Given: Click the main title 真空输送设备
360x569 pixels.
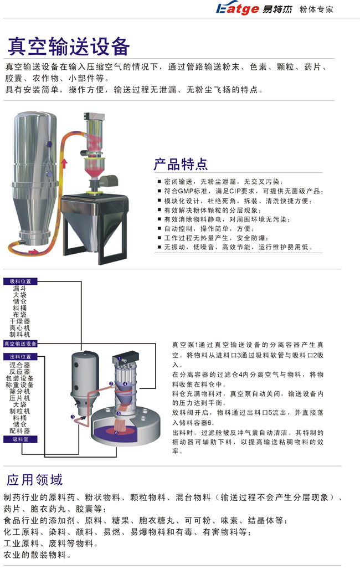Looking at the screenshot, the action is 69,46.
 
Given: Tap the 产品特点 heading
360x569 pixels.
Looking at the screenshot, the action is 181,164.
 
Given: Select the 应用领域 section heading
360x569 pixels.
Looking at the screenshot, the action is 34,480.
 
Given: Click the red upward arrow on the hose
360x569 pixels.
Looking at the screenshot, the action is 64,163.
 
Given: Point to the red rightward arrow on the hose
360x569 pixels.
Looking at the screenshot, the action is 33,252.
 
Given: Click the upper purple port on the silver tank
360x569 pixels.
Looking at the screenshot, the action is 49,145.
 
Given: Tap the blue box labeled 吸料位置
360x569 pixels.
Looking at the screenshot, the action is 20,281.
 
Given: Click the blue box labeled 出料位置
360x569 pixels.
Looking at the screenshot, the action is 20,357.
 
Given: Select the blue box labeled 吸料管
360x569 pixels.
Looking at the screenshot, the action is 20,439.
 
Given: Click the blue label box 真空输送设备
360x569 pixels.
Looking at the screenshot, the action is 20,344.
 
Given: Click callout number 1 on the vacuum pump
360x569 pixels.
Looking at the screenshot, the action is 119,359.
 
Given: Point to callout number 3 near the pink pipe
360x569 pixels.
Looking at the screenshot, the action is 73,417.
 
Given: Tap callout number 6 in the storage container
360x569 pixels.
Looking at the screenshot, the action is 116,433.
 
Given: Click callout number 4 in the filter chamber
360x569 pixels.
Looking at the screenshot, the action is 125,383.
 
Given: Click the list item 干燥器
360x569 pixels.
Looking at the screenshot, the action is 20,321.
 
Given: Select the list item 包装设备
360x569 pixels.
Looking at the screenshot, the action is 20,378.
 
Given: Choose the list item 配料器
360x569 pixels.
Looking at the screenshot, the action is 20,430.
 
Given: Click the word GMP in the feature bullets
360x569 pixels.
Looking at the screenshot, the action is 186,191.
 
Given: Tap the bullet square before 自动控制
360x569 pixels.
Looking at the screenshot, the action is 160,229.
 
